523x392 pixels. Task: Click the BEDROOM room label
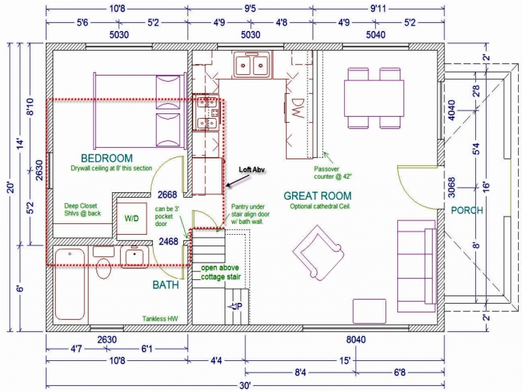click(x=107, y=158)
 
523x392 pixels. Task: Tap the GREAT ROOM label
click(x=317, y=196)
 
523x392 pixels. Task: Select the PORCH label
click(x=467, y=210)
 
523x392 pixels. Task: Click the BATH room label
click(x=165, y=285)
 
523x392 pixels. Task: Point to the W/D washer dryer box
click(x=132, y=218)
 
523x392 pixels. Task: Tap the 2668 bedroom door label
click(x=168, y=194)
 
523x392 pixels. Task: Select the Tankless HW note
click(x=160, y=319)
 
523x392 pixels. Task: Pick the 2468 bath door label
click(x=168, y=242)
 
